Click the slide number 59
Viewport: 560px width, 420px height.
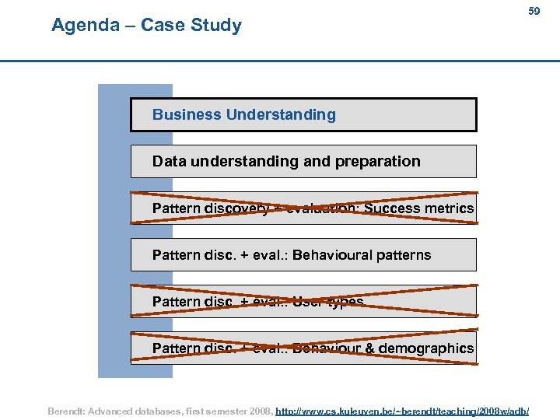click(534, 12)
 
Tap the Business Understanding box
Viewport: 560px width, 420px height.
click(303, 114)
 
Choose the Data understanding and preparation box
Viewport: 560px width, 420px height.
click(303, 161)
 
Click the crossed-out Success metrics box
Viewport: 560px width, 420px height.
click(303, 208)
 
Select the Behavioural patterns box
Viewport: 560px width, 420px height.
click(303, 254)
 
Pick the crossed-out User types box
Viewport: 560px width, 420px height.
click(303, 301)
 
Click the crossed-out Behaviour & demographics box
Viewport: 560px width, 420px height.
click(303, 348)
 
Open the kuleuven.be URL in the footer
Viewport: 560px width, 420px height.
click(402, 410)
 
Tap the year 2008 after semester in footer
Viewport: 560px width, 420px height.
click(258, 410)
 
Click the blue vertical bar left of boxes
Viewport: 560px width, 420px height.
click(114, 233)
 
